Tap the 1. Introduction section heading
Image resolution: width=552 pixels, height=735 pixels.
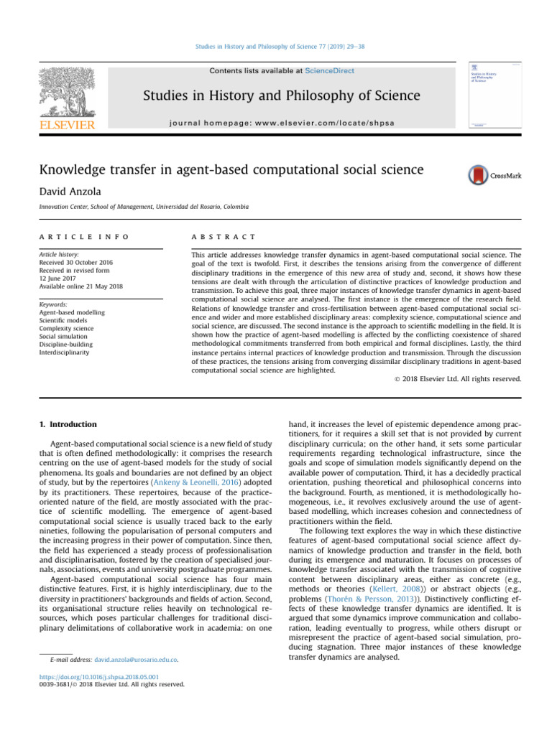point(66,424)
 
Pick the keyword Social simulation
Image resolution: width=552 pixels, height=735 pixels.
point(62,335)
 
